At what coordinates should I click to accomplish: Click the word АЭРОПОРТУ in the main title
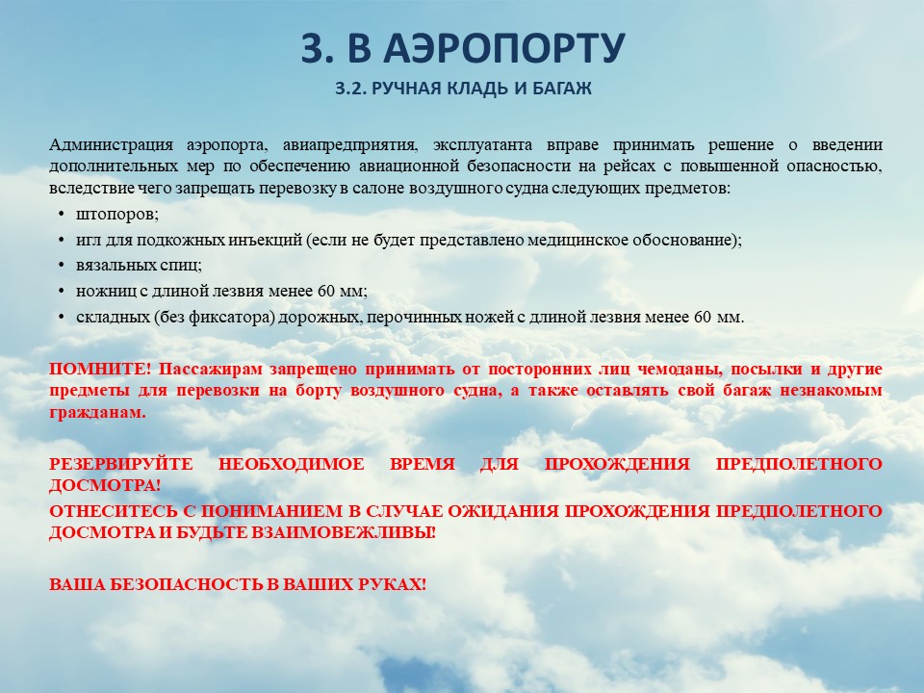tap(503, 47)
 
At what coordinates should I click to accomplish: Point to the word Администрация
tap(111, 145)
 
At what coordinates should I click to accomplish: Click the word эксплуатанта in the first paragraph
tap(483, 145)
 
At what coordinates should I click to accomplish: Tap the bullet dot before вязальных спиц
tap(62, 266)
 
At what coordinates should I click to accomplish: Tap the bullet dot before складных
tap(62, 317)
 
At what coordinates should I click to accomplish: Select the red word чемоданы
tap(680, 370)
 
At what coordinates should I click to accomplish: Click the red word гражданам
tap(97, 413)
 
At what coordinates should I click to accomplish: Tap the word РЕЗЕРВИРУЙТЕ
tap(121, 464)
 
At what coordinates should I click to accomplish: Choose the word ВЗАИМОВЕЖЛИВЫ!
tap(344, 532)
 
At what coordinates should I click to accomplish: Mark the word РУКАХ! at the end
tap(393, 584)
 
